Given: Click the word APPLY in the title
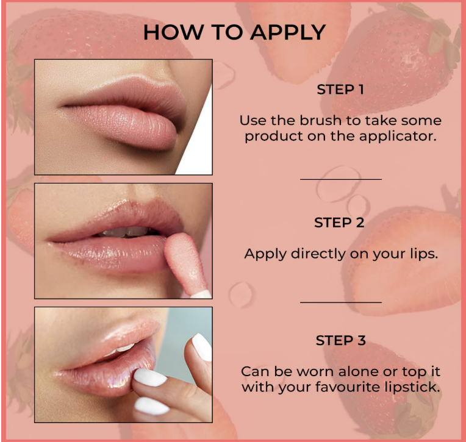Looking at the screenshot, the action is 288,32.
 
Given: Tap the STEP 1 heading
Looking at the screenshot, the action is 340,90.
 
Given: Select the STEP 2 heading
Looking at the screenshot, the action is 339,223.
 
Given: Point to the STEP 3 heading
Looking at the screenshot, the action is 340,340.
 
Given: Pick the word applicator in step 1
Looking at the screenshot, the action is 398,137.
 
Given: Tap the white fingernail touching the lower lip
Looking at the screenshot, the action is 149,377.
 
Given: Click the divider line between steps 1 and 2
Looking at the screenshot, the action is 341,179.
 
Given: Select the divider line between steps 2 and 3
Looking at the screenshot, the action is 341,302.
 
